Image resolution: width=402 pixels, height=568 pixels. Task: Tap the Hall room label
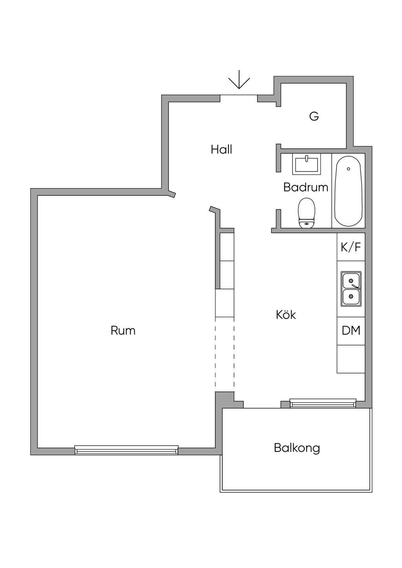pyautogui.click(x=221, y=149)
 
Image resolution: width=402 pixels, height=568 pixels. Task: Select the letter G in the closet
pyautogui.click(x=314, y=117)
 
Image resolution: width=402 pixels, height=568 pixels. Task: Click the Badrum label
pyautogui.click(x=305, y=187)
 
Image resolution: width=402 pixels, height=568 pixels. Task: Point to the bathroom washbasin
pyautogui.click(x=306, y=164)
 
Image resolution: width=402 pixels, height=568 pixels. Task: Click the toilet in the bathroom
pyautogui.click(x=307, y=213)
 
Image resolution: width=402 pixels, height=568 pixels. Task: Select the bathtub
pyautogui.click(x=349, y=191)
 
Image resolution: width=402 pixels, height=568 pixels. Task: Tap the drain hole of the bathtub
pyautogui.click(x=349, y=169)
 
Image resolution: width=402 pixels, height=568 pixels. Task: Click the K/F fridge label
pyautogui.click(x=351, y=247)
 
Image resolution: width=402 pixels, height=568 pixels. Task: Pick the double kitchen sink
pyautogui.click(x=351, y=289)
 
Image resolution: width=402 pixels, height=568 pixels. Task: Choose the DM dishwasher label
pyautogui.click(x=351, y=330)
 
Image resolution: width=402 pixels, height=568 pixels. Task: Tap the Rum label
pyautogui.click(x=123, y=330)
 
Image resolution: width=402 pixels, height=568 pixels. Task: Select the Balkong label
pyautogui.click(x=297, y=448)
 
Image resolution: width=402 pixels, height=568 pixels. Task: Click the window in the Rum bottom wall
pyautogui.click(x=126, y=450)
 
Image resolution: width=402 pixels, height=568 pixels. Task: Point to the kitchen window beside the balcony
pyautogui.click(x=323, y=403)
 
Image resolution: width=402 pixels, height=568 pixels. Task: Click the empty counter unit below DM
pyautogui.click(x=351, y=359)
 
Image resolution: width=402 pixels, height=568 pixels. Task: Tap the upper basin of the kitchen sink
pyautogui.click(x=351, y=281)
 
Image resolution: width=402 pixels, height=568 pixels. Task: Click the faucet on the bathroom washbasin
pyautogui.click(x=307, y=158)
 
